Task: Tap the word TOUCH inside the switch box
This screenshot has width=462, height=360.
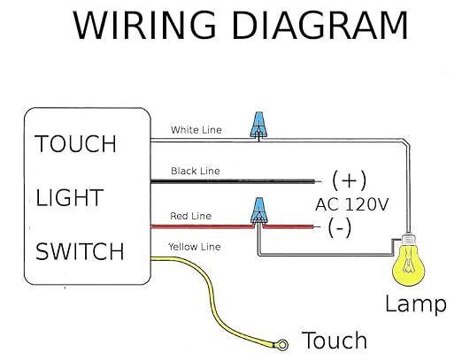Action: (x=75, y=144)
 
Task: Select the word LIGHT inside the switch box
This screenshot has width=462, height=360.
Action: (x=70, y=198)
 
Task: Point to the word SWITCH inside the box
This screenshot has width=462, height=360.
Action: (x=80, y=252)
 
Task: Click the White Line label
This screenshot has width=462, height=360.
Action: (x=196, y=129)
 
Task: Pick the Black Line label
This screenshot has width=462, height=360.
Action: (x=196, y=171)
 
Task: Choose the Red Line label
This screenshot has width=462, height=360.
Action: (x=189, y=215)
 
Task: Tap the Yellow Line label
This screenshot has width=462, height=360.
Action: (x=196, y=247)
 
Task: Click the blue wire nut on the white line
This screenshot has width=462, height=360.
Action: (x=258, y=125)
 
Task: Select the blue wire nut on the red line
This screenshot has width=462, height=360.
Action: (x=258, y=211)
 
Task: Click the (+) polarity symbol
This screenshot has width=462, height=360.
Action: (x=349, y=180)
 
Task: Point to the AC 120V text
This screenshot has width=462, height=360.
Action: (x=351, y=204)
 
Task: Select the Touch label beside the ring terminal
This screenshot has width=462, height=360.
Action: (x=334, y=340)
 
